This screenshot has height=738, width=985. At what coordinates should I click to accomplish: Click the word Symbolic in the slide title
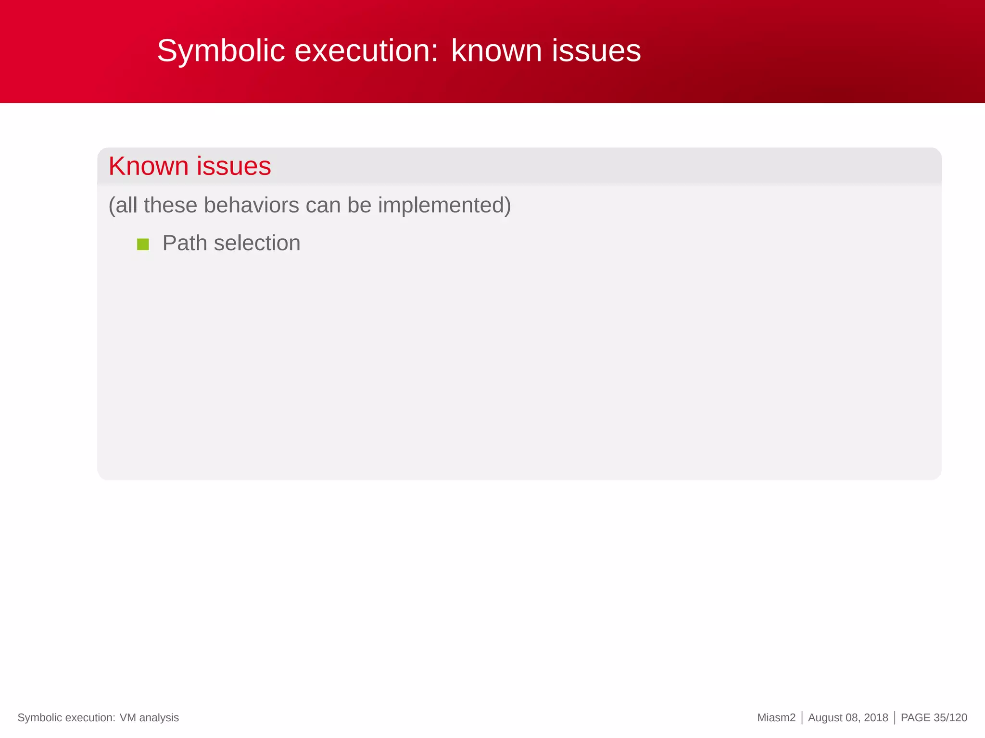(221, 51)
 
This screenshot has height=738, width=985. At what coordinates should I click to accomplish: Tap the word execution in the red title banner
(366, 51)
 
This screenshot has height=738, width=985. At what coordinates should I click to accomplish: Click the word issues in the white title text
(596, 51)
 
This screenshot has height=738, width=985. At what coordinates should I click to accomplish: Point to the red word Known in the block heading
(148, 166)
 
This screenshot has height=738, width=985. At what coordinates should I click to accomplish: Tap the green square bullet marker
(143, 245)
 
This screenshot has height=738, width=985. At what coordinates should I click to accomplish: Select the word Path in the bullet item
(185, 243)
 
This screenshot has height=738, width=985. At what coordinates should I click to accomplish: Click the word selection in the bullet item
(257, 243)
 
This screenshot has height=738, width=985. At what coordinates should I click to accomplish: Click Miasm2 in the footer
(776, 718)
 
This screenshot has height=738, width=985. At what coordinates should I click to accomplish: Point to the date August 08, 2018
(848, 718)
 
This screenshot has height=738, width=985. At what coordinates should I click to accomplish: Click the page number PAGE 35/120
(934, 718)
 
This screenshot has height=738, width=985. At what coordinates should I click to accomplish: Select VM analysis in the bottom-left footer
(149, 718)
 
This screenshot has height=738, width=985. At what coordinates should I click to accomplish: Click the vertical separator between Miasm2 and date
(802, 718)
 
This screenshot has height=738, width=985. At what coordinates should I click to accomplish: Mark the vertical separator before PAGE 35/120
(894, 718)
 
